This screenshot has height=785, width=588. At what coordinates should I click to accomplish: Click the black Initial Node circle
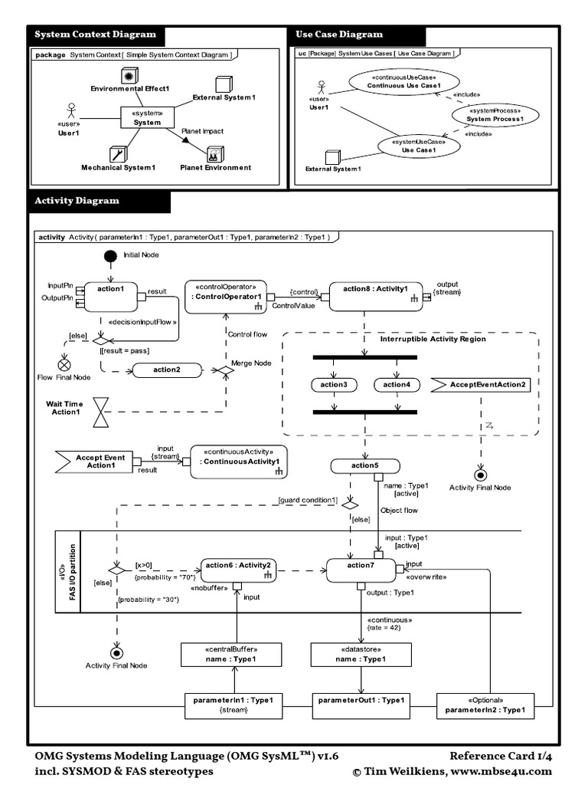pyautogui.click(x=110, y=257)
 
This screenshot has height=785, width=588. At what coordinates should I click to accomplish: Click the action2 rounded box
pyautogui.click(x=165, y=370)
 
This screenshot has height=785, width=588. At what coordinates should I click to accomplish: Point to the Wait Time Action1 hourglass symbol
pyautogui.click(x=100, y=412)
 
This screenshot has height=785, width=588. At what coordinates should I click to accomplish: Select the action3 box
pyautogui.click(x=334, y=384)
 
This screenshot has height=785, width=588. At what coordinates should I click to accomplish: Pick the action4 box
pyautogui.click(x=396, y=384)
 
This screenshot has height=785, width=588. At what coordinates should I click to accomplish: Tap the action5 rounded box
pyautogui.click(x=365, y=466)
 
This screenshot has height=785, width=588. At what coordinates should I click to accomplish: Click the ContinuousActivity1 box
pyautogui.click(x=239, y=462)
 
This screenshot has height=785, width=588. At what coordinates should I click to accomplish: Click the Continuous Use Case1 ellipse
pyautogui.click(x=393, y=80)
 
